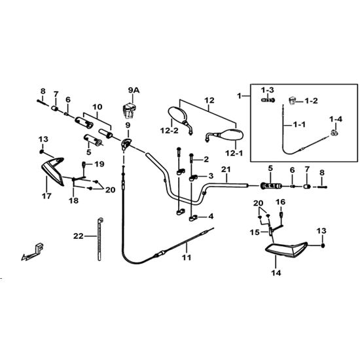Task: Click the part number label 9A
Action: coord(134,90)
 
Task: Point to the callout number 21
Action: coord(226,170)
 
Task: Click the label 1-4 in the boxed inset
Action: coord(336,119)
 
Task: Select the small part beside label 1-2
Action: coord(293,101)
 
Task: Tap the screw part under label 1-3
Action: coord(268,100)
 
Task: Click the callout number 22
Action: coord(79,236)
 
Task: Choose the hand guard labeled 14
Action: coord(286,250)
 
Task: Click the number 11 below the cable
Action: coord(187,258)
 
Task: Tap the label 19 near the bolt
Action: coord(99,164)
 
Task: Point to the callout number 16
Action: coord(281,202)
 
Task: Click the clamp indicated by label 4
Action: coord(193,218)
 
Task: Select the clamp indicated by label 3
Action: coord(194,177)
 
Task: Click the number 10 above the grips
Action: coord(98,107)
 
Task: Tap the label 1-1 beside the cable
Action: coord(300,124)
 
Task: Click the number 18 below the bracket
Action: coord(73,200)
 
